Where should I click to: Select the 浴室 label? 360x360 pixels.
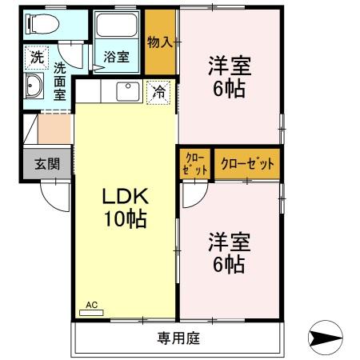pyautogui.click(x=117, y=57)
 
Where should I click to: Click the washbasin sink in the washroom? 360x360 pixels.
pyautogui.click(x=36, y=87)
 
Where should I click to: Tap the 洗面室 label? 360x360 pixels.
pyautogui.click(x=60, y=80)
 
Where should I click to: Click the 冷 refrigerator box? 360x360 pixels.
pyautogui.click(x=159, y=92)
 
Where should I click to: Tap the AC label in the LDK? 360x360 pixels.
pyautogui.click(x=91, y=305)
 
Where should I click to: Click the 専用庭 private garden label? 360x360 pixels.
pyautogui.click(x=178, y=338)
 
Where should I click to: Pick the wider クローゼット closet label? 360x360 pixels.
pyautogui.click(x=247, y=163)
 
